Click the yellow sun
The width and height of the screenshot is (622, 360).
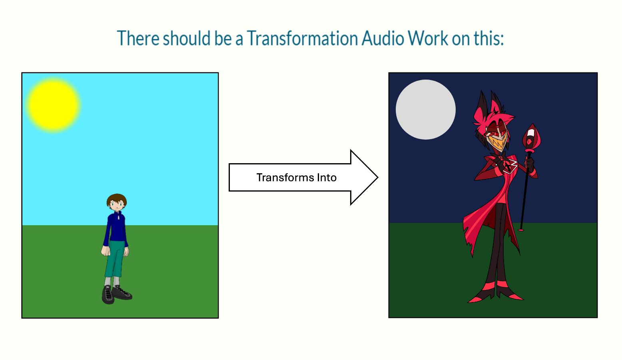53,105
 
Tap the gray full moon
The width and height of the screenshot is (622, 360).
425,110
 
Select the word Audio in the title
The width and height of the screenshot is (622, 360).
383,38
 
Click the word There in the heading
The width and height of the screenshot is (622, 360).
138,38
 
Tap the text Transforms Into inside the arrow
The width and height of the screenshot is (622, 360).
296,178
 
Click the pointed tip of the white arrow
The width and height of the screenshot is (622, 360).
378,177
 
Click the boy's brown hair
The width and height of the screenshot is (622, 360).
117,200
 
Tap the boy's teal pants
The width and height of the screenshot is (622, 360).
115,259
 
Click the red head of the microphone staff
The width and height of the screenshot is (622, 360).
531,138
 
